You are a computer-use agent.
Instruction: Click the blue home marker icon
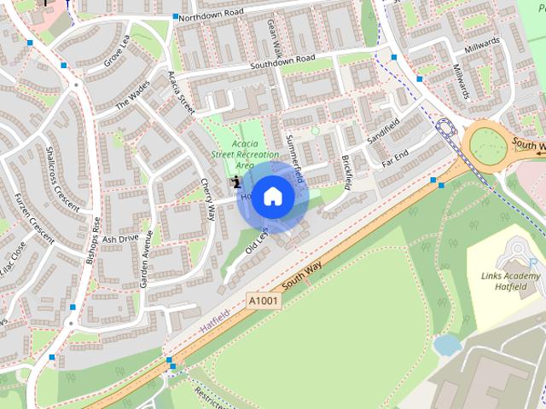(273, 196)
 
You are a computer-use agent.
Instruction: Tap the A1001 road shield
(264, 301)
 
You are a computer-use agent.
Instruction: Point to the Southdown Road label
(282, 63)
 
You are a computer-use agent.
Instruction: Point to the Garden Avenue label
(146, 258)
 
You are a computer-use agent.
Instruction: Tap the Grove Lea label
(116, 51)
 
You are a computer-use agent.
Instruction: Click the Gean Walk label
(273, 35)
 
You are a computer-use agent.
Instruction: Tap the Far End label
(395, 158)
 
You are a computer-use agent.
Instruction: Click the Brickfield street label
(346, 171)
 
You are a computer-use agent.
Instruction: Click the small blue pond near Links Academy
(446, 344)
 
